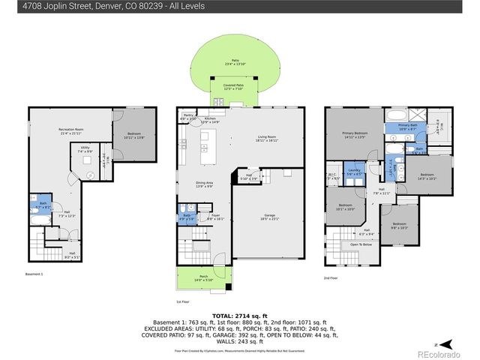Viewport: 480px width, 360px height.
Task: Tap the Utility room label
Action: point(85,149)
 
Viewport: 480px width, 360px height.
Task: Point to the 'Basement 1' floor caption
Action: point(34,274)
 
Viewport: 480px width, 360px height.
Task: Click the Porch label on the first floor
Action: point(204,278)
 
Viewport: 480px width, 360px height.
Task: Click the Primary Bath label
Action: point(407,127)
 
